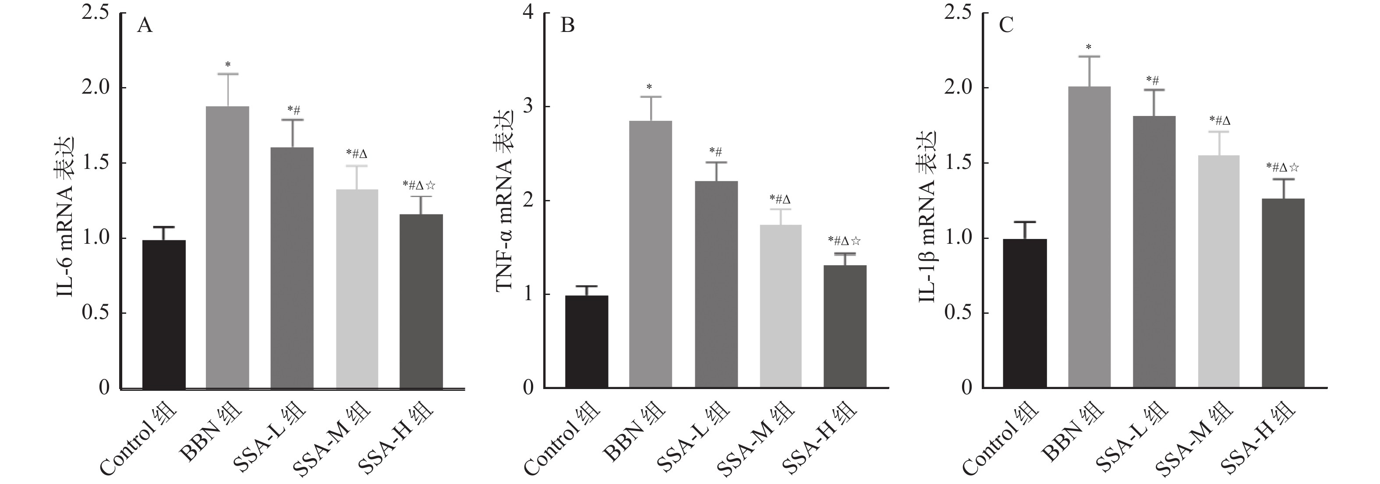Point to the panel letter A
pos(145,26)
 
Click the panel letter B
pos(567,26)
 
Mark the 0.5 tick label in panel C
pos(959,313)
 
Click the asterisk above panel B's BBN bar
pos(649,87)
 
